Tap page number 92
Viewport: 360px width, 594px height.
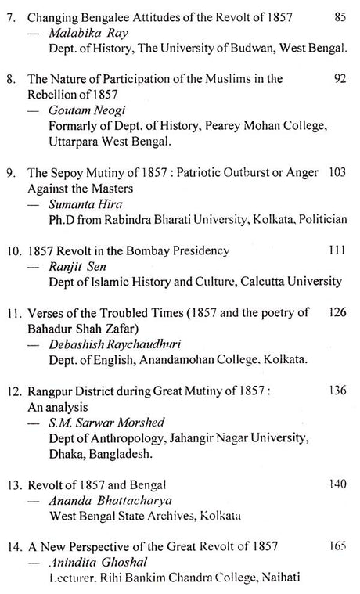pos(338,78)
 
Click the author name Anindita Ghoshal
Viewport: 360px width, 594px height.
pos(90,561)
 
